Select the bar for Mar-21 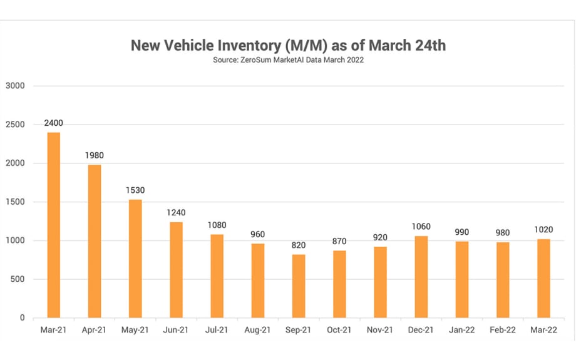[54, 225]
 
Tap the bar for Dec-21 [421, 277]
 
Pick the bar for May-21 [135, 259]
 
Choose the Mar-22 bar [543, 278]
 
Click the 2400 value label [54, 123]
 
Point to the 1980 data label [95, 155]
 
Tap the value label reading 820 [299, 245]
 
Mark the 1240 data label [176, 213]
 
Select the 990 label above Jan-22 [462, 232]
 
